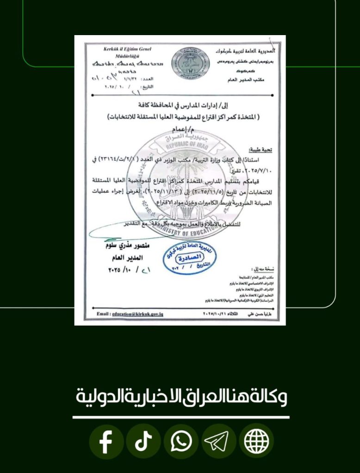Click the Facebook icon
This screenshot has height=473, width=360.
point(106,442)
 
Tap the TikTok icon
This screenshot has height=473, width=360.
point(143,442)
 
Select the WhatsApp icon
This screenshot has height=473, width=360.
point(181,442)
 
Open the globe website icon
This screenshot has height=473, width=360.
point(256,442)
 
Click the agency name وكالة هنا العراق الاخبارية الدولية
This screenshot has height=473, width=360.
point(180,397)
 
